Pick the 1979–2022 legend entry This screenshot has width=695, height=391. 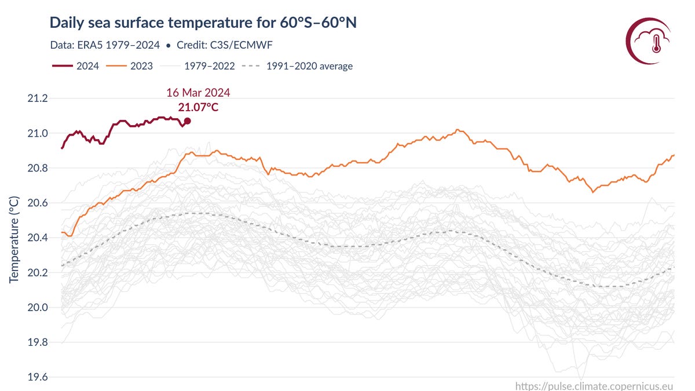[197, 66]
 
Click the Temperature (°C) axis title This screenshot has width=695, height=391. [14, 237]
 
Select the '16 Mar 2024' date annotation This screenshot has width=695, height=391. [198, 93]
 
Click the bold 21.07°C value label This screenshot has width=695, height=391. [198, 107]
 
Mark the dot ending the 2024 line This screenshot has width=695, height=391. [187, 121]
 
